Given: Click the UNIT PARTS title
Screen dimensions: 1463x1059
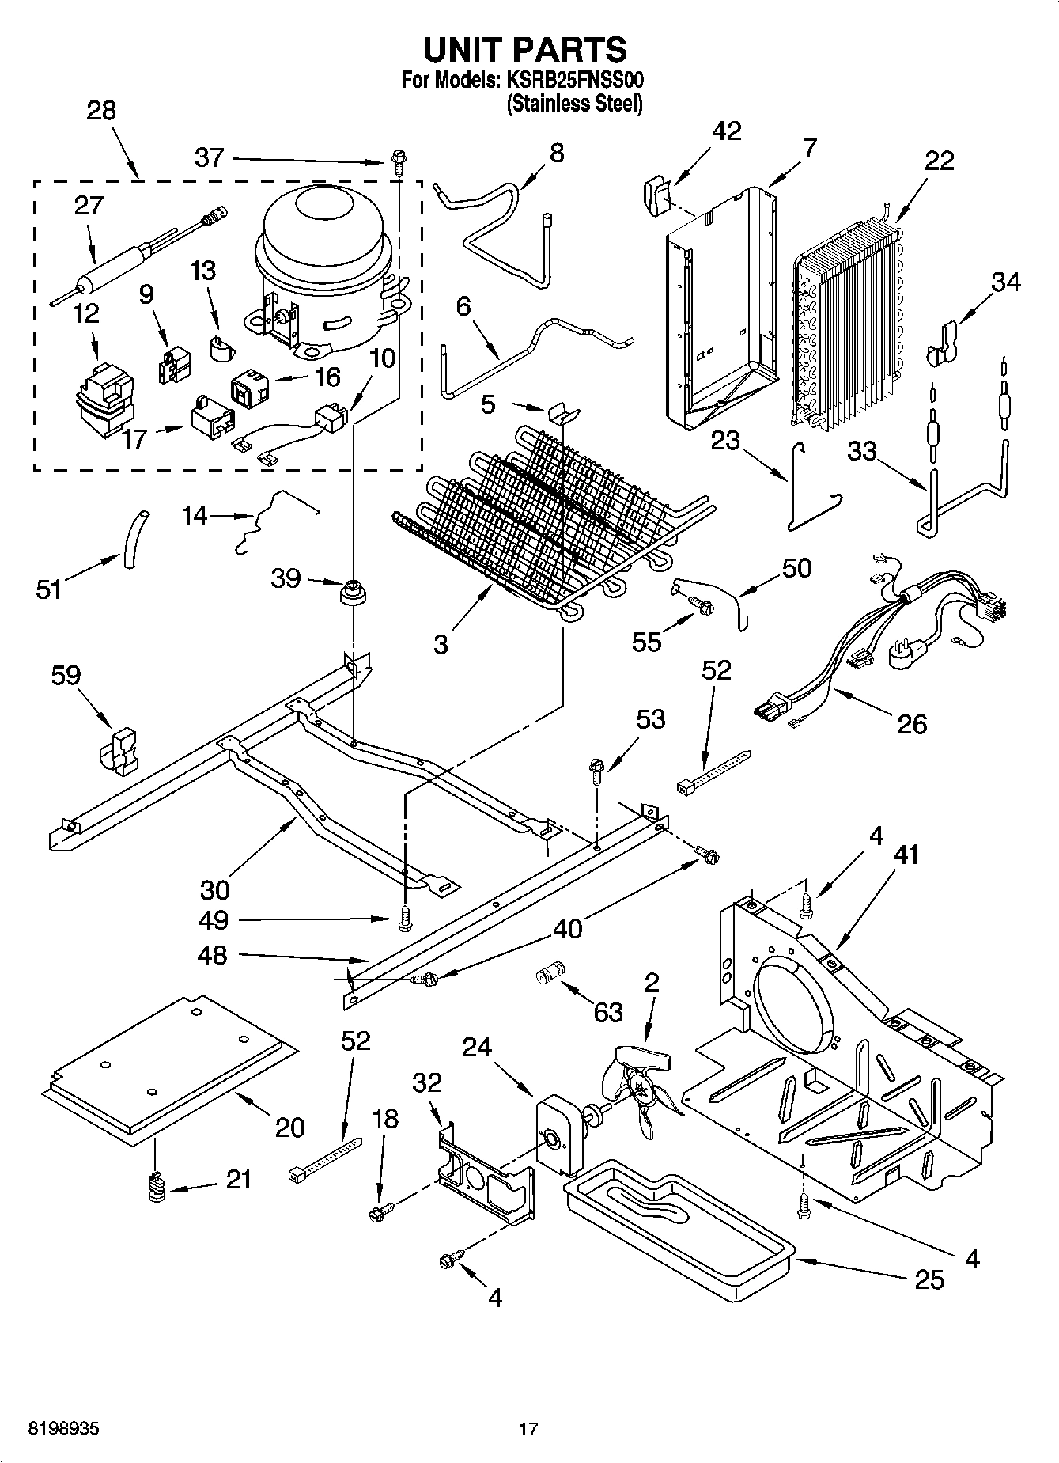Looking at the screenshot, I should coord(525,49).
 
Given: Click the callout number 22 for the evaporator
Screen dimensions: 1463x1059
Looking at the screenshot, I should coord(940,161).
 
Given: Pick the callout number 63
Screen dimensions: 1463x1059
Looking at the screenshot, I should coord(608,1012).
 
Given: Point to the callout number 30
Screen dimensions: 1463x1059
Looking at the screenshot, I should coord(214,890).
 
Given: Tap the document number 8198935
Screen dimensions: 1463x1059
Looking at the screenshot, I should coord(64,1429).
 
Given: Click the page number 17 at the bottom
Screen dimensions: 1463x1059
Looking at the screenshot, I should coord(528,1429).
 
